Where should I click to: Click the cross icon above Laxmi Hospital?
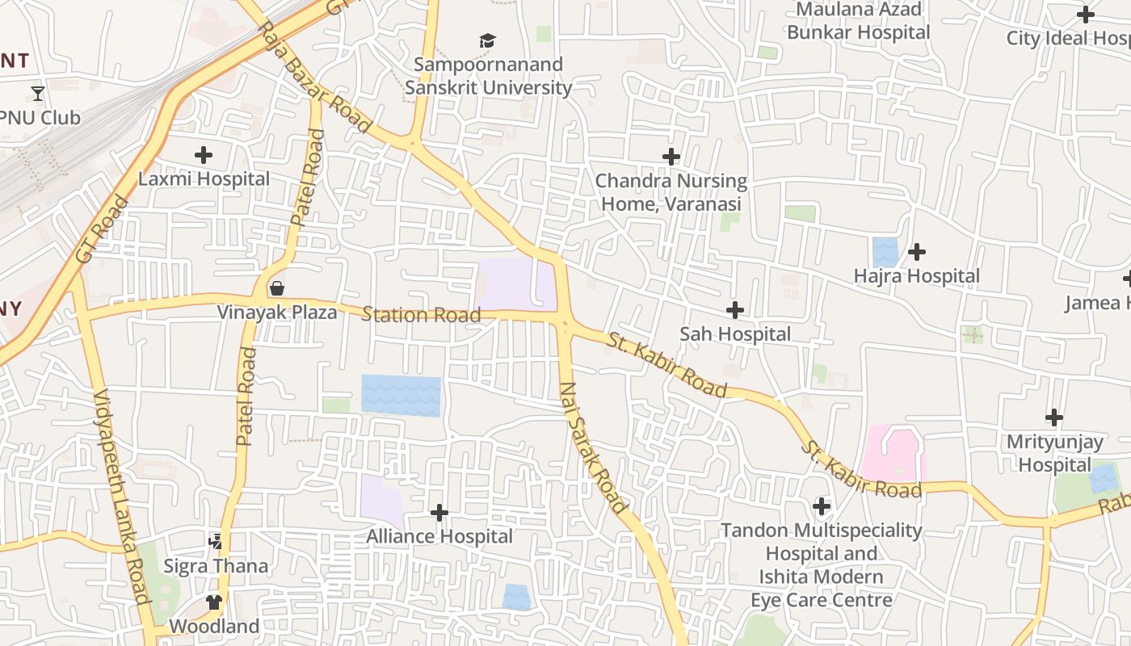coord(204,154)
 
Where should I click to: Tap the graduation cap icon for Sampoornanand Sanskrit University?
coord(487,40)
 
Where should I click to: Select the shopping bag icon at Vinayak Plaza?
coord(277,288)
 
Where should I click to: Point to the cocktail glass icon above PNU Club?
coord(38,93)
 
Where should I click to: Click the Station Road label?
coord(421,314)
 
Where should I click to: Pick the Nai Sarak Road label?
coord(593,447)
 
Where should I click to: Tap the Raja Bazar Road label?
coord(314,78)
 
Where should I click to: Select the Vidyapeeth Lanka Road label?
coord(122,496)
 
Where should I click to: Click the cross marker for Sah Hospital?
coord(734,309)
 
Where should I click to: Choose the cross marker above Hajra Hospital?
coord(916,252)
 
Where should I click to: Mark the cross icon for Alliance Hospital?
coord(439,512)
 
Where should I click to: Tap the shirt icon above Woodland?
coord(213,602)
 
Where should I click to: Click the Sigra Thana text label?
coord(216,565)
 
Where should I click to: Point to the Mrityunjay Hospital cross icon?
coord(1053,417)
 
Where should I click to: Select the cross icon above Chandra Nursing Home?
coord(671,157)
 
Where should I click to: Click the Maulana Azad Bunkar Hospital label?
coord(859,21)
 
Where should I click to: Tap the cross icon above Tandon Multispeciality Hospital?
coord(822,506)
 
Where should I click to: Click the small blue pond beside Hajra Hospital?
coord(885,252)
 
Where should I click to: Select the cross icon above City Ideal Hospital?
coord(1086,15)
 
